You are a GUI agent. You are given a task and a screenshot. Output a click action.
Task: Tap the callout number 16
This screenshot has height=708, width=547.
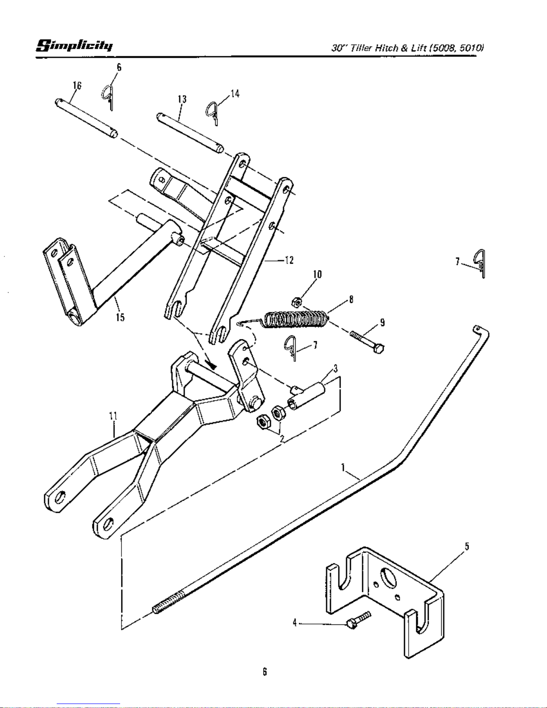point(77,85)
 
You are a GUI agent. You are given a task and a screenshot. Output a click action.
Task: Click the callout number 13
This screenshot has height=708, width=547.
point(182,99)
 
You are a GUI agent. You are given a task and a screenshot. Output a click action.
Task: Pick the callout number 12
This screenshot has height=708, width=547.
point(289,260)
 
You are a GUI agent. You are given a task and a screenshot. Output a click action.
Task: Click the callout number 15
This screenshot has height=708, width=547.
point(120,317)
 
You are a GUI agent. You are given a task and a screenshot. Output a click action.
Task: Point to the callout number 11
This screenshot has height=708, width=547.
point(113,416)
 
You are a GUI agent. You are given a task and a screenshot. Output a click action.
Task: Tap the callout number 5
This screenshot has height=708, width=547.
point(467,546)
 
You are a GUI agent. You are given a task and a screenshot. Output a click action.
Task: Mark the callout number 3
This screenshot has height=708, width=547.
point(335,369)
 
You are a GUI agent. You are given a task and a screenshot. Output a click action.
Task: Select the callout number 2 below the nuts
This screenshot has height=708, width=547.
point(282,438)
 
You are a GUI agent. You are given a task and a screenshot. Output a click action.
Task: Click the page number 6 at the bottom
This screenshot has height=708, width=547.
point(265,671)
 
